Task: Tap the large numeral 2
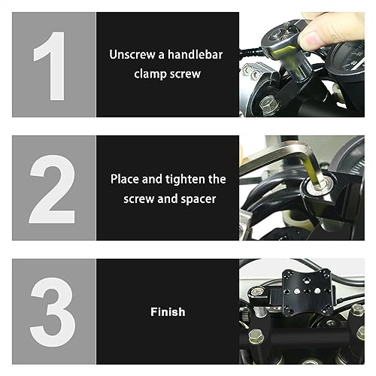pyautogui.click(x=53, y=189)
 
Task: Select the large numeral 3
pyautogui.click(x=53, y=312)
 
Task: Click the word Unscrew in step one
pyautogui.click(x=132, y=54)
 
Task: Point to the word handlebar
pyautogui.click(x=195, y=54)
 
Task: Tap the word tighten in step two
pyautogui.click(x=182, y=180)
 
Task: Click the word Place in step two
pyautogui.click(x=125, y=179)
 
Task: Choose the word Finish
pyautogui.click(x=168, y=312)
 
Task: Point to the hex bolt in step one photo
pyautogui.click(x=268, y=105)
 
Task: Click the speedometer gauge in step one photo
pyautogui.click(x=347, y=59)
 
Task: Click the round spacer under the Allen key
pyautogui.click(x=317, y=187)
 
